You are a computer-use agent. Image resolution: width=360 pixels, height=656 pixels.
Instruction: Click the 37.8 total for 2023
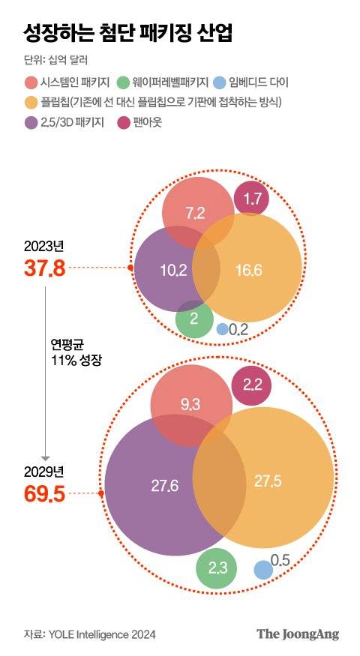45,268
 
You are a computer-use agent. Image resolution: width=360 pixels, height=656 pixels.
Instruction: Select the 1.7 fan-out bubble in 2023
252,199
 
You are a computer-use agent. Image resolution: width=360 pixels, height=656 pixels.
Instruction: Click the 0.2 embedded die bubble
222,328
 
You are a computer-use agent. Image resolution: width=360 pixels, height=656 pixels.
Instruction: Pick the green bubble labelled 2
194,319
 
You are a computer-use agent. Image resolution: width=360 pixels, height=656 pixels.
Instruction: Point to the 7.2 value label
195,213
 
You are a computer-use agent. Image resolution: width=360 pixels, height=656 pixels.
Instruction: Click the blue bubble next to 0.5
262,570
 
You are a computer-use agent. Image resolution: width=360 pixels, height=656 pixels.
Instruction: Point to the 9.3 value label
190,405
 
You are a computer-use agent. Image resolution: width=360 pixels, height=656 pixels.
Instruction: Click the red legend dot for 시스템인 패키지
32,82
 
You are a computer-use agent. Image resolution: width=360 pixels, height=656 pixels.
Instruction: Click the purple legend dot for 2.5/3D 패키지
32,121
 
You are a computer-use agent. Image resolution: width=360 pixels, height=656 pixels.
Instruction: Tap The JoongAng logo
298,634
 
